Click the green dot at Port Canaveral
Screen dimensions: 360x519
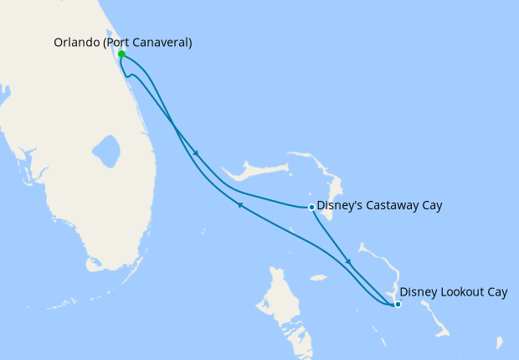click(x=122, y=54)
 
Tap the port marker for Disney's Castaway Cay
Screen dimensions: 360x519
click(x=311, y=207)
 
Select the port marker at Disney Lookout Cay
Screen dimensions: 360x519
click(x=398, y=304)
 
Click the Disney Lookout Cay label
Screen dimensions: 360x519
click(x=454, y=291)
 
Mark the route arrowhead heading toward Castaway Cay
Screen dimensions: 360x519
click(x=197, y=153)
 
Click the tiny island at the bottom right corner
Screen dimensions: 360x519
click(x=499, y=342)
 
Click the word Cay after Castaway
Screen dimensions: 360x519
click(x=430, y=205)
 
